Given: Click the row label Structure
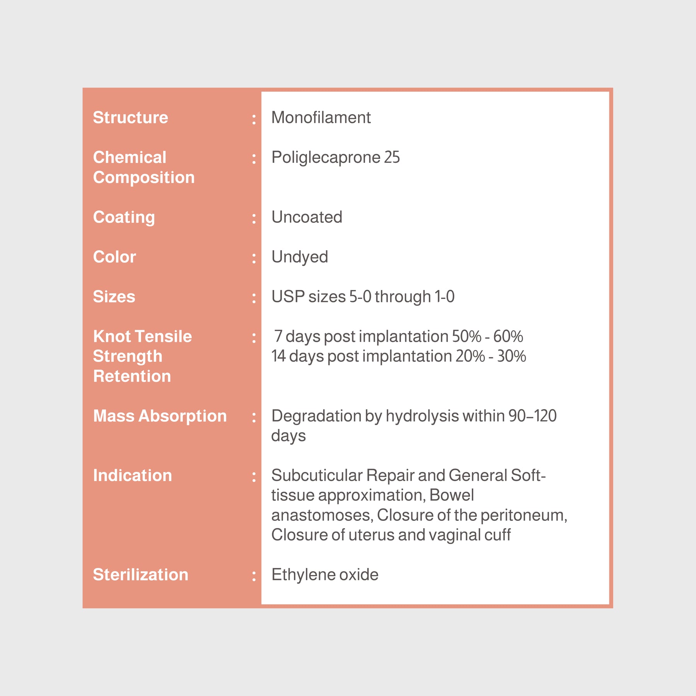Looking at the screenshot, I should click(130, 118).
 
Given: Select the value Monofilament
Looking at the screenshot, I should click(321, 118).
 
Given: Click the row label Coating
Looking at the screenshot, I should click(124, 217).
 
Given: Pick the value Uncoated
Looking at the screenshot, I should click(307, 217).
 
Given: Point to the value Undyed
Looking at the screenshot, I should click(300, 257).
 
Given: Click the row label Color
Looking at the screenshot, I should click(114, 257).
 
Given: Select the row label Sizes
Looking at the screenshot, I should click(114, 297).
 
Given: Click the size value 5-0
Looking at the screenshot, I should click(360, 297).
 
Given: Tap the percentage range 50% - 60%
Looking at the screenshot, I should click(487, 336).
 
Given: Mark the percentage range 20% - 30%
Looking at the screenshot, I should click(490, 356).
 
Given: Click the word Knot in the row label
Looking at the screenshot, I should click(112, 336).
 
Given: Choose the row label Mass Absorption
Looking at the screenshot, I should click(160, 416).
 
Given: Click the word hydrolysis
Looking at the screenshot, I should click(422, 416).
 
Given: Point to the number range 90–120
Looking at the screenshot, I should click(532, 416).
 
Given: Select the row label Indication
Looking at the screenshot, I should click(132, 476).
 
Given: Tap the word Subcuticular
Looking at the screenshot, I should click(317, 476).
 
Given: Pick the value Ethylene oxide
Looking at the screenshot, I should click(325, 575).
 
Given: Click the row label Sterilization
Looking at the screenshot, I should click(140, 575).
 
